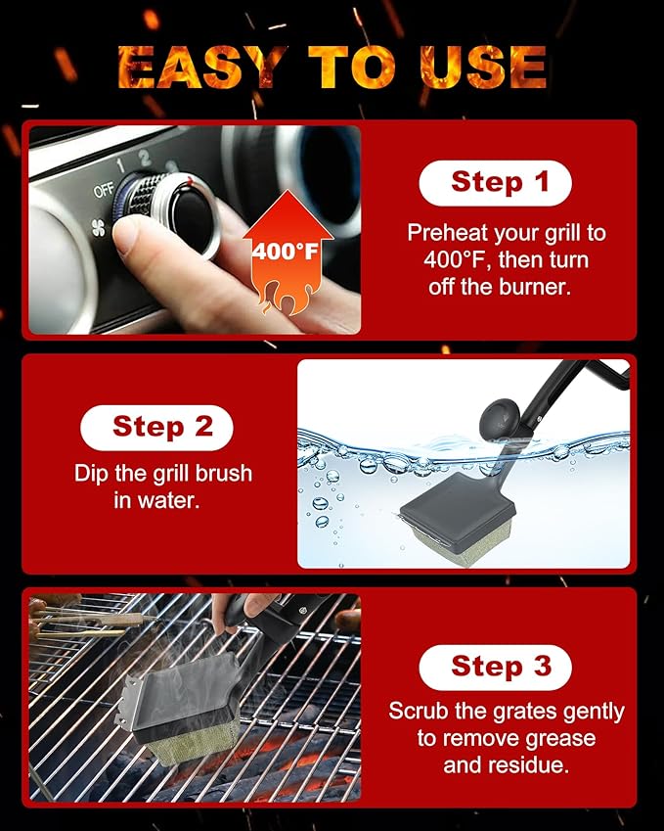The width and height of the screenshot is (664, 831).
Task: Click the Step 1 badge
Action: [495, 183]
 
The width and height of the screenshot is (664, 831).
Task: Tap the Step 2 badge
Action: [156, 428]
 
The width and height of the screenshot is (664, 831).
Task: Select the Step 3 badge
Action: [495, 668]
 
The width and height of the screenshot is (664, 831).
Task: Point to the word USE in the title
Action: [483, 68]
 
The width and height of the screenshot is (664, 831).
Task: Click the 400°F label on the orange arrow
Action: [285, 251]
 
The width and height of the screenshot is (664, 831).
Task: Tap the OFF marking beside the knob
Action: [104, 191]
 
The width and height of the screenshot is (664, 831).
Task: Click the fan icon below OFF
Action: [99, 228]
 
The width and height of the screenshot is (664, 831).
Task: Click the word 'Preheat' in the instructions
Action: [447, 233]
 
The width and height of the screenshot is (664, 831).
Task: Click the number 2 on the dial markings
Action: [144, 158]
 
